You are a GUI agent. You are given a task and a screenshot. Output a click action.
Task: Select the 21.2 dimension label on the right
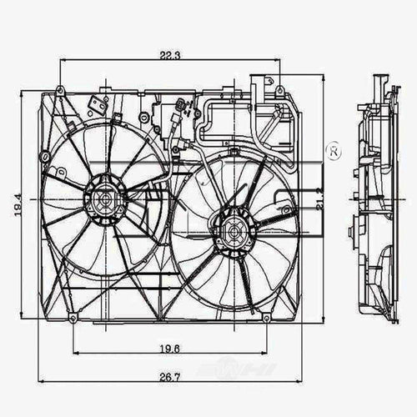[x=322, y=200]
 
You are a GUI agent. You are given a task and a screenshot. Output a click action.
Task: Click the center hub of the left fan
[x=103, y=199]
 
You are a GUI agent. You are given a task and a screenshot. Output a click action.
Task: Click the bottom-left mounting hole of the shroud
[x=74, y=319]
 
